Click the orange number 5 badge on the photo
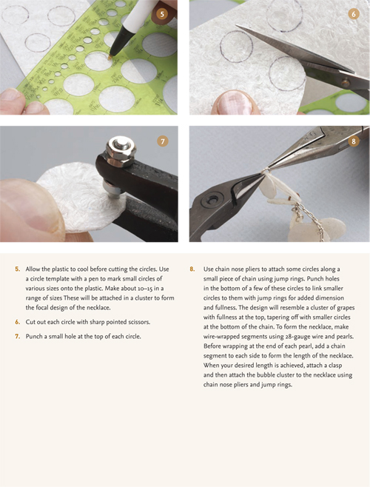(162, 13)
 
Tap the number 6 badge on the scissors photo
(352, 13)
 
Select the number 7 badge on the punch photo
(162, 141)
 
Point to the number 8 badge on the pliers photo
(352, 141)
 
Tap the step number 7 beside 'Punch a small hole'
(18, 337)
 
